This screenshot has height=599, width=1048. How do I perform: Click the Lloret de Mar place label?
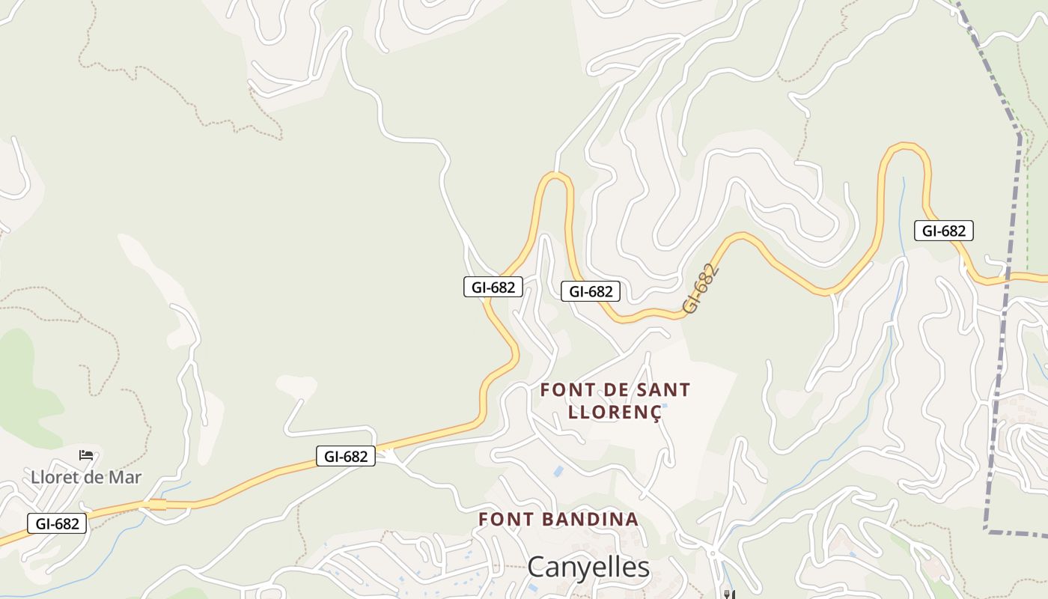(86, 477)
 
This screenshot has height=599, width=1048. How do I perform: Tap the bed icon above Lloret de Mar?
(86, 454)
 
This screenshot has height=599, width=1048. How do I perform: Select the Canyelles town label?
(588, 568)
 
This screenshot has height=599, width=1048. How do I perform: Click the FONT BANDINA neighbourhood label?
(558, 519)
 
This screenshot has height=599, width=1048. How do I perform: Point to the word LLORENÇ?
(615, 412)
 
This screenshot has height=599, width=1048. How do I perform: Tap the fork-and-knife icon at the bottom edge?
(728, 595)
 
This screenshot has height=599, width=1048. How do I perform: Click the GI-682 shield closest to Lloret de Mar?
(57, 523)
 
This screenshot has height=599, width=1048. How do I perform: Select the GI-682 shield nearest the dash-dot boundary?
(943, 231)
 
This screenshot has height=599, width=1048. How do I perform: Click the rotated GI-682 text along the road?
(701, 288)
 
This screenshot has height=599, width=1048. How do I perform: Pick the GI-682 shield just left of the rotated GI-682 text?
(591, 291)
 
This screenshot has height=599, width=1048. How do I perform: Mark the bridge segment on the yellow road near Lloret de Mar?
(157, 505)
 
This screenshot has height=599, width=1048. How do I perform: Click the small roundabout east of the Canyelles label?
(713, 554)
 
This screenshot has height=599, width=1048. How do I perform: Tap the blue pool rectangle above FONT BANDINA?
(558, 471)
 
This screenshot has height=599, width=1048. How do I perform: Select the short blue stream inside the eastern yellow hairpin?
(904, 195)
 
